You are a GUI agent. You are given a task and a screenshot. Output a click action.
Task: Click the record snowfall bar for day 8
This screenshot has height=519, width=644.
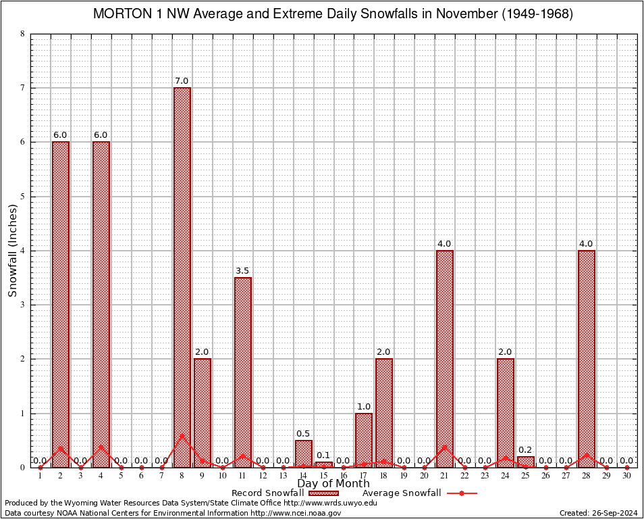click(182, 277)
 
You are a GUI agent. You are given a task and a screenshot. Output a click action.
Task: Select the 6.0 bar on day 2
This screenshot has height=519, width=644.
click(61, 304)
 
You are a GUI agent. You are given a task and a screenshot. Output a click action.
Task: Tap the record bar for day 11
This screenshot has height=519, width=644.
click(243, 372)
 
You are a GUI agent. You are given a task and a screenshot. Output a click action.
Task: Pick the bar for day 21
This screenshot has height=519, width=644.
click(445, 358)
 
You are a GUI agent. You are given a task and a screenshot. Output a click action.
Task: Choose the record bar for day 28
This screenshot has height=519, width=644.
click(587, 358)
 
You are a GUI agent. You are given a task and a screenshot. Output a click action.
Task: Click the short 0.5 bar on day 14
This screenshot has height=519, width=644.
click(304, 453)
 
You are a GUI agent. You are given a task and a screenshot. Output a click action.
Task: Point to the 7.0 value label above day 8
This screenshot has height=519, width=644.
click(182, 81)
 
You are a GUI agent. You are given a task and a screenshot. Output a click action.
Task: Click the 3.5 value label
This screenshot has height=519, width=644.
click(243, 271)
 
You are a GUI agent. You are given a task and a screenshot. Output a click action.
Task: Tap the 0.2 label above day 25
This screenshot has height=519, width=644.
click(526, 450)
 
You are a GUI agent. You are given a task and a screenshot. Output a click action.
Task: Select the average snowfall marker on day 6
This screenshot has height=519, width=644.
click(142, 467)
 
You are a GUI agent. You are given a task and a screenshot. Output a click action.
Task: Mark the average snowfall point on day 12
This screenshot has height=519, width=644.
click(263, 467)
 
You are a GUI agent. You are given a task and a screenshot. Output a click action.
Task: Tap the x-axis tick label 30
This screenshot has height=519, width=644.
click(626, 476)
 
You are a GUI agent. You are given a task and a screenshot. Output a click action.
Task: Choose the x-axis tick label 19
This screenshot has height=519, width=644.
click(404, 476)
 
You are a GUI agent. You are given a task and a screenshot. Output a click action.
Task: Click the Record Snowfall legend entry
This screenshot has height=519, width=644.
click(267, 493)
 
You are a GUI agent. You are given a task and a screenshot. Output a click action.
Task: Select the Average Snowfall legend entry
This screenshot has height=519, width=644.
click(397, 493)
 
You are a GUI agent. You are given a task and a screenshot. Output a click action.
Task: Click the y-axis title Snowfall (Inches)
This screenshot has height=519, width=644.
click(13, 251)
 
